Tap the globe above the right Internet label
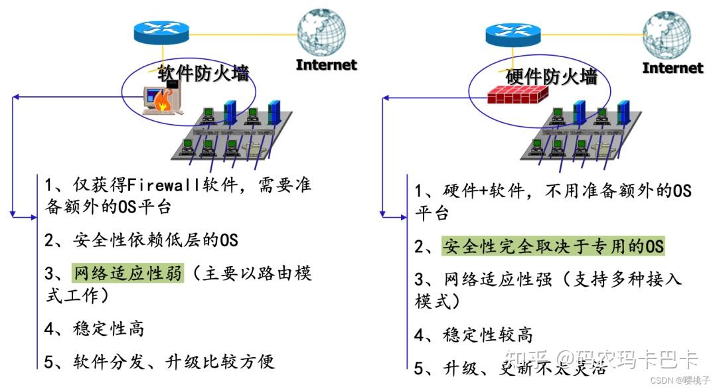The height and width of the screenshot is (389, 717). click(667, 33)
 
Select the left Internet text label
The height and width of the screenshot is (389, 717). click(326, 64)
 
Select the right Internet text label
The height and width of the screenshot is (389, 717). click(673, 68)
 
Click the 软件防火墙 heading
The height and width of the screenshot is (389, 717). click(203, 73)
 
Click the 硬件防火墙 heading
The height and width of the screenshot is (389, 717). click(552, 77)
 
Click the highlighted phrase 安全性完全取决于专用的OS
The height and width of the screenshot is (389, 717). click(553, 246)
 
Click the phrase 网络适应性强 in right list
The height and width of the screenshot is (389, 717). click(498, 279)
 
